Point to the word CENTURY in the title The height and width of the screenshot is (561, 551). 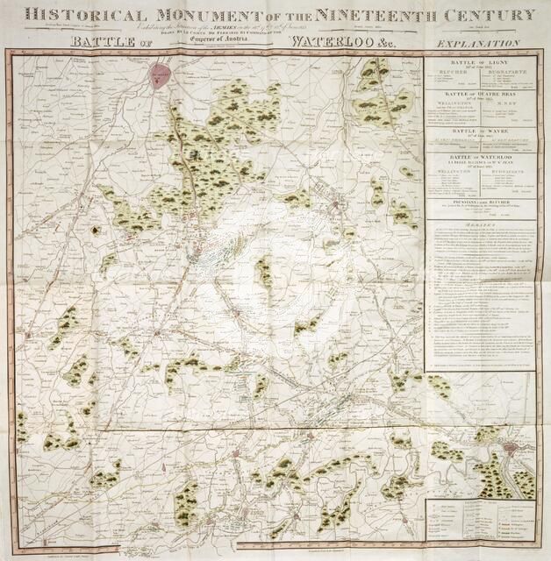pos(495,15)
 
